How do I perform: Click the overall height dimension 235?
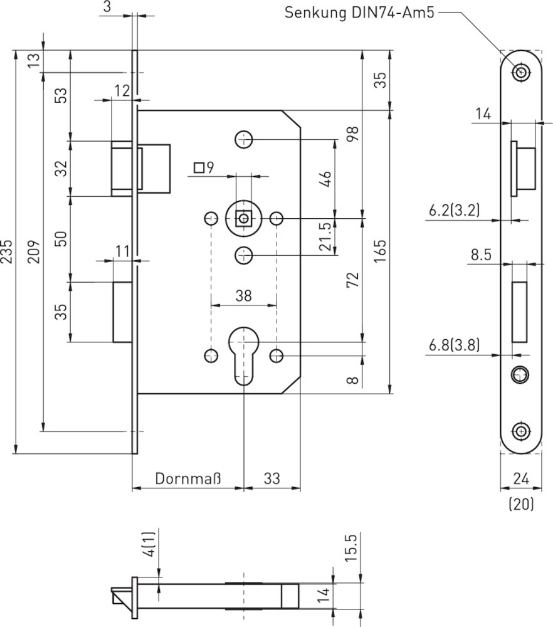point(7,252)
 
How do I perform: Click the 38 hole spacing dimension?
point(243,296)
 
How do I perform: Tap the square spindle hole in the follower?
point(243,218)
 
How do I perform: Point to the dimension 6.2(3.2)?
point(455,211)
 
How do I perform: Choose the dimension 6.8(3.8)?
point(455,345)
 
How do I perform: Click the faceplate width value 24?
point(521,479)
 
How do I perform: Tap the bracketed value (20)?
point(521,503)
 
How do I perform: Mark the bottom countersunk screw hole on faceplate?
point(520,431)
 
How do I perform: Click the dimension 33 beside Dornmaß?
point(271,479)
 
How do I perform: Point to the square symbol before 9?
point(199,167)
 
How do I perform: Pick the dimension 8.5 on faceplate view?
point(480,255)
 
